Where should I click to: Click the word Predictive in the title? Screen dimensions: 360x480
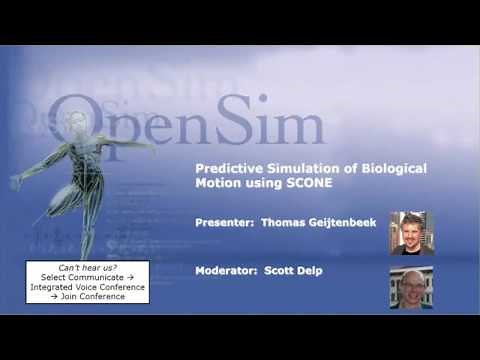click(x=226, y=169)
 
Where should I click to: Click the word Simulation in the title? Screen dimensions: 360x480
click(x=297, y=169)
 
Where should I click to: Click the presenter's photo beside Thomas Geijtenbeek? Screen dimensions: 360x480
click(x=410, y=232)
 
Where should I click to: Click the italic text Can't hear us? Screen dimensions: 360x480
click(x=87, y=266)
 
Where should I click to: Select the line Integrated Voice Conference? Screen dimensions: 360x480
click(x=88, y=286)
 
